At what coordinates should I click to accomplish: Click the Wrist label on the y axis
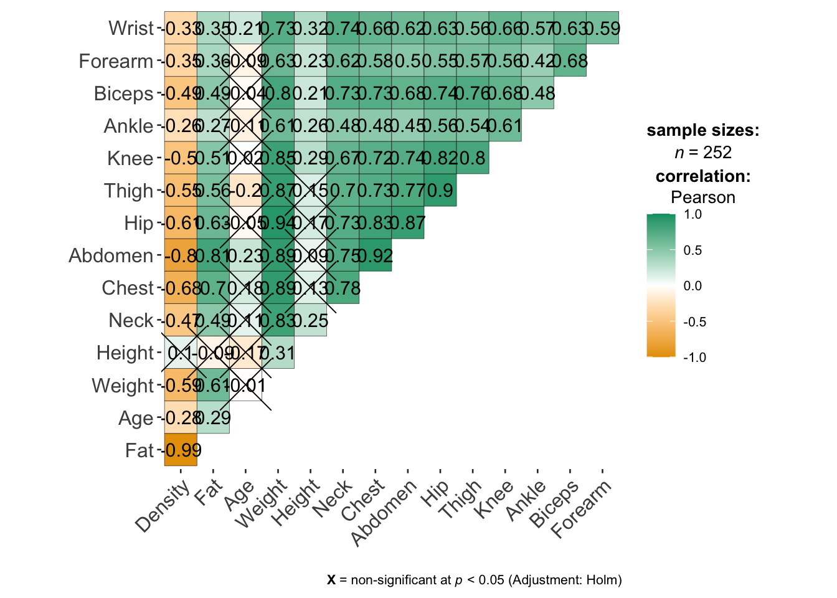click(131, 28)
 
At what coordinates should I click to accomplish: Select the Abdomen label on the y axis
click(111, 255)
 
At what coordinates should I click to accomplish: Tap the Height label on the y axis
click(125, 353)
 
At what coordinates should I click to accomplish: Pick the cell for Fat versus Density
click(181, 450)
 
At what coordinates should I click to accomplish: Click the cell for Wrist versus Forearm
click(602, 28)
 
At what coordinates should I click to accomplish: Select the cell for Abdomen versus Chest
click(376, 255)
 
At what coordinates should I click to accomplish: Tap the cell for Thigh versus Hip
click(440, 191)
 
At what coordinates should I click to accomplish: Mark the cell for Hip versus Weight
click(278, 223)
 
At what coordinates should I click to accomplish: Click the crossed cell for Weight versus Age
click(245, 385)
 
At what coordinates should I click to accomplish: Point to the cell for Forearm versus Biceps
click(570, 61)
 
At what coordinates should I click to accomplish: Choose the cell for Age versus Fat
click(213, 417)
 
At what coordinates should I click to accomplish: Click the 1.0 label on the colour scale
click(693, 214)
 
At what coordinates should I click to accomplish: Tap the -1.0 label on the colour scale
click(694, 358)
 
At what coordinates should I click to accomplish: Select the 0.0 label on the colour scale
click(693, 286)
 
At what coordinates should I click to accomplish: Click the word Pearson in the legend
click(702, 197)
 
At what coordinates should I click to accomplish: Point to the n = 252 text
click(702, 153)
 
